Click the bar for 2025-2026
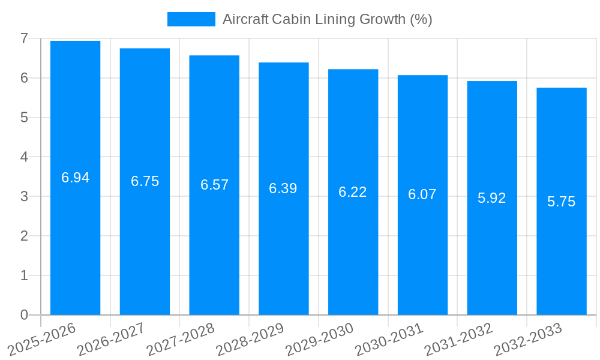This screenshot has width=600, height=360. click(x=75, y=240)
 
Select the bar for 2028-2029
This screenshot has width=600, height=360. click(x=283, y=252)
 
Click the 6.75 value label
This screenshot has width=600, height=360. click(x=145, y=181)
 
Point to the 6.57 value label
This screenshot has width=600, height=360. click(x=214, y=185)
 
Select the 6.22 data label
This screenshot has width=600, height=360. click(x=352, y=192)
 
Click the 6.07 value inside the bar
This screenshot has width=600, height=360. click(x=422, y=194)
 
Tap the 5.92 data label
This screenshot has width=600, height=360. click(x=491, y=198)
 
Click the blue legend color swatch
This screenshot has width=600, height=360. click(x=191, y=19)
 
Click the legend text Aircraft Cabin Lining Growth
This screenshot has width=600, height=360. click(x=327, y=19)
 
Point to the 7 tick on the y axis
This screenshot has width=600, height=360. click(x=24, y=38)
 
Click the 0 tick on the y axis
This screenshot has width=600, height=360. click(x=24, y=315)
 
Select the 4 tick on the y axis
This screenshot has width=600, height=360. click(x=24, y=157)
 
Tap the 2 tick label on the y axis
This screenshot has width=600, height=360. click(x=24, y=236)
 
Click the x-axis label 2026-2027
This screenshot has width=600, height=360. click(x=111, y=339)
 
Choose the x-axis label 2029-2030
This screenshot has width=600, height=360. click(x=319, y=339)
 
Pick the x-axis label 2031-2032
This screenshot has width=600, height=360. click(x=458, y=339)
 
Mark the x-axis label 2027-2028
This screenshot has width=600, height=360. click(x=180, y=339)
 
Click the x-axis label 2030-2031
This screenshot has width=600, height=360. click(x=389, y=339)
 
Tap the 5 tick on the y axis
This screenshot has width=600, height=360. click(x=24, y=118)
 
